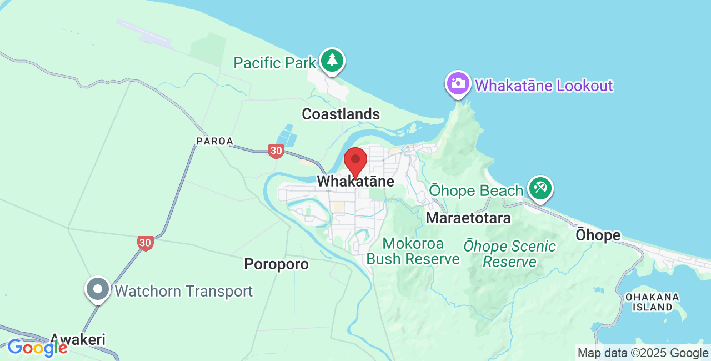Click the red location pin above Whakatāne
355,162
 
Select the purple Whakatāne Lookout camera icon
458,84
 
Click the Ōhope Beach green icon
540,188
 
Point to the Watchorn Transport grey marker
98,289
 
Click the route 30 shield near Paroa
276,151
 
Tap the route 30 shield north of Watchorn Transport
145,243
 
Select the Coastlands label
341,114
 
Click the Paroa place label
214,142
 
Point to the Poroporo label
276,264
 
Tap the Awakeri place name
78,339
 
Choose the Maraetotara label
468,218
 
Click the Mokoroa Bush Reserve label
413,252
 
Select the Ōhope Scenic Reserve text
510,254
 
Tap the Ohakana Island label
652,302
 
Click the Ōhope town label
598,235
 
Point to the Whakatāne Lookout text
544,86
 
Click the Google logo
37,348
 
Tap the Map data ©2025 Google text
643,353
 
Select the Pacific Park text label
274,63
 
